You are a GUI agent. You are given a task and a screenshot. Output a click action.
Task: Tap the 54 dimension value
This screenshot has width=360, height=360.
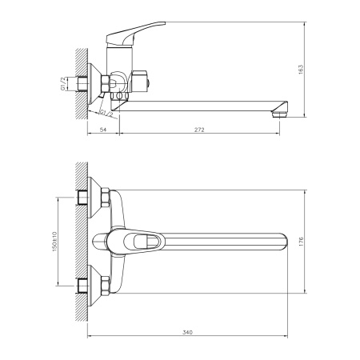(102, 127)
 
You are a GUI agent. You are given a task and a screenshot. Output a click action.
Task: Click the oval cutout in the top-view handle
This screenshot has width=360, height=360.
(148, 239)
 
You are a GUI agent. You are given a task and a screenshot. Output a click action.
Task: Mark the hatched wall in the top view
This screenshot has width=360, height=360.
(80, 239)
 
